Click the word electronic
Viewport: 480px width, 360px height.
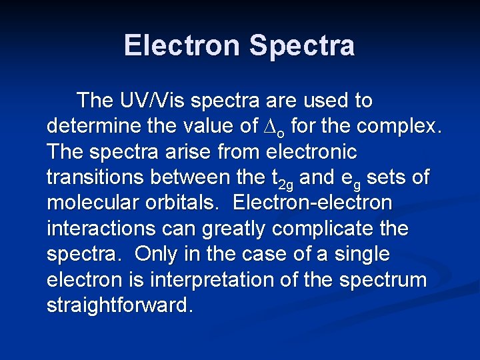coord(311,151)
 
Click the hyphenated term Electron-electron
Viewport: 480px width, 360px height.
coord(313,203)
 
